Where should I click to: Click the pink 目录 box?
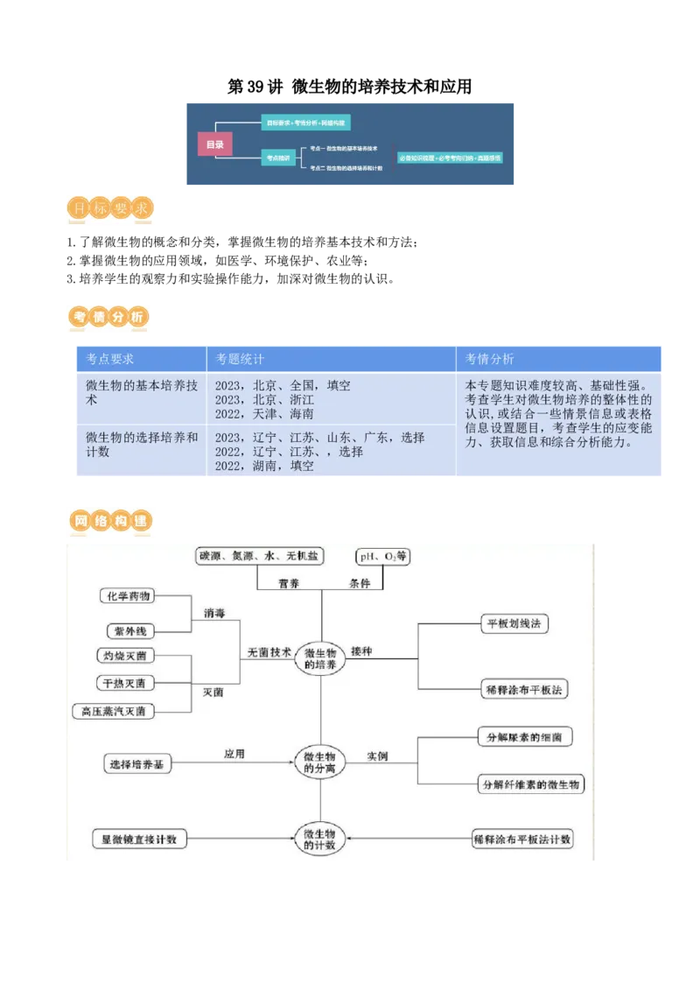click(x=214, y=144)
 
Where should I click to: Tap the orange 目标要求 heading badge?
click(x=111, y=209)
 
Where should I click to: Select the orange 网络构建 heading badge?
click(x=111, y=522)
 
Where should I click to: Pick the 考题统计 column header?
click(x=241, y=360)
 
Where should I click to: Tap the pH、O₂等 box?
click(x=382, y=557)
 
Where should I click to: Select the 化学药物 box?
click(x=129, y=596)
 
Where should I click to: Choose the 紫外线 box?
click(x=129, y=630)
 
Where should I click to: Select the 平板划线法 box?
click(x=514, y=624)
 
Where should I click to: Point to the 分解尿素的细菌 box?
click(x=524, y=737)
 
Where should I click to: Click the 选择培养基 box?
click(x=137, y=764)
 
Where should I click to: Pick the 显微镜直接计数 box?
click(x=138, y=839)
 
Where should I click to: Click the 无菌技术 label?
click(x=268, y=652)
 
